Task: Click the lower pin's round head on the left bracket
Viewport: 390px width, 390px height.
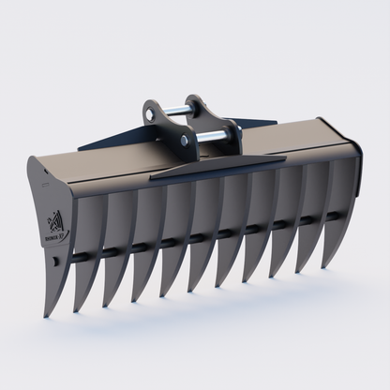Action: point(184,141)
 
